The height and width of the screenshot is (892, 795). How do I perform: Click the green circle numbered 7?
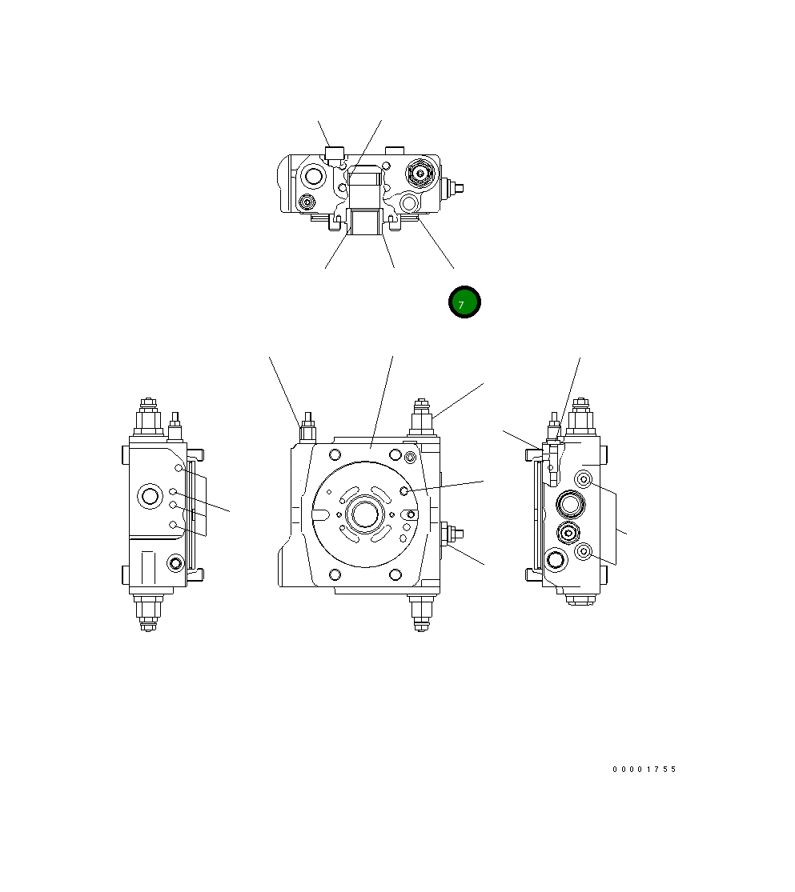(x=464, y=302)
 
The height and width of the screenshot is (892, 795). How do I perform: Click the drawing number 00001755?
(x=644, y=770)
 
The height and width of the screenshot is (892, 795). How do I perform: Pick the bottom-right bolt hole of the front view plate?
(x=394, y=574)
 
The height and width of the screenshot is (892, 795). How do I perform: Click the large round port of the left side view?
(x=150, y=496)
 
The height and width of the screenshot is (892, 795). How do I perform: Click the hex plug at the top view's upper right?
(x=420, y=171)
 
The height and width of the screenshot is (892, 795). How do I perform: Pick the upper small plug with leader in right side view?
(x=584, y=479)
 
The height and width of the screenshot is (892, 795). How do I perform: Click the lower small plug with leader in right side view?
(x=584, y=550)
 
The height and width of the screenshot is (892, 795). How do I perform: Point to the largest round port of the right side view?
(x=569, y=504)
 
